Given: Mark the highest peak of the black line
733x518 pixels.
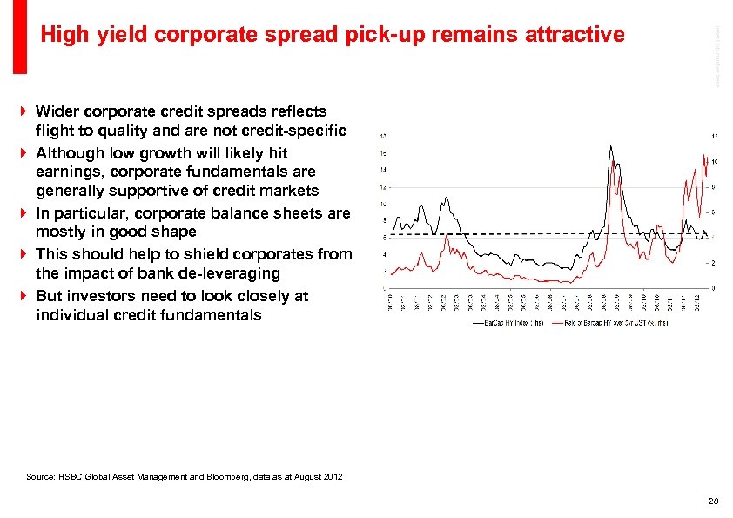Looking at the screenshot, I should (612, 146).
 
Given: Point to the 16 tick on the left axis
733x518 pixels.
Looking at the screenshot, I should (384, 152).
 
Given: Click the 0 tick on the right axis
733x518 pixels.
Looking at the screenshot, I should (713, 288).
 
